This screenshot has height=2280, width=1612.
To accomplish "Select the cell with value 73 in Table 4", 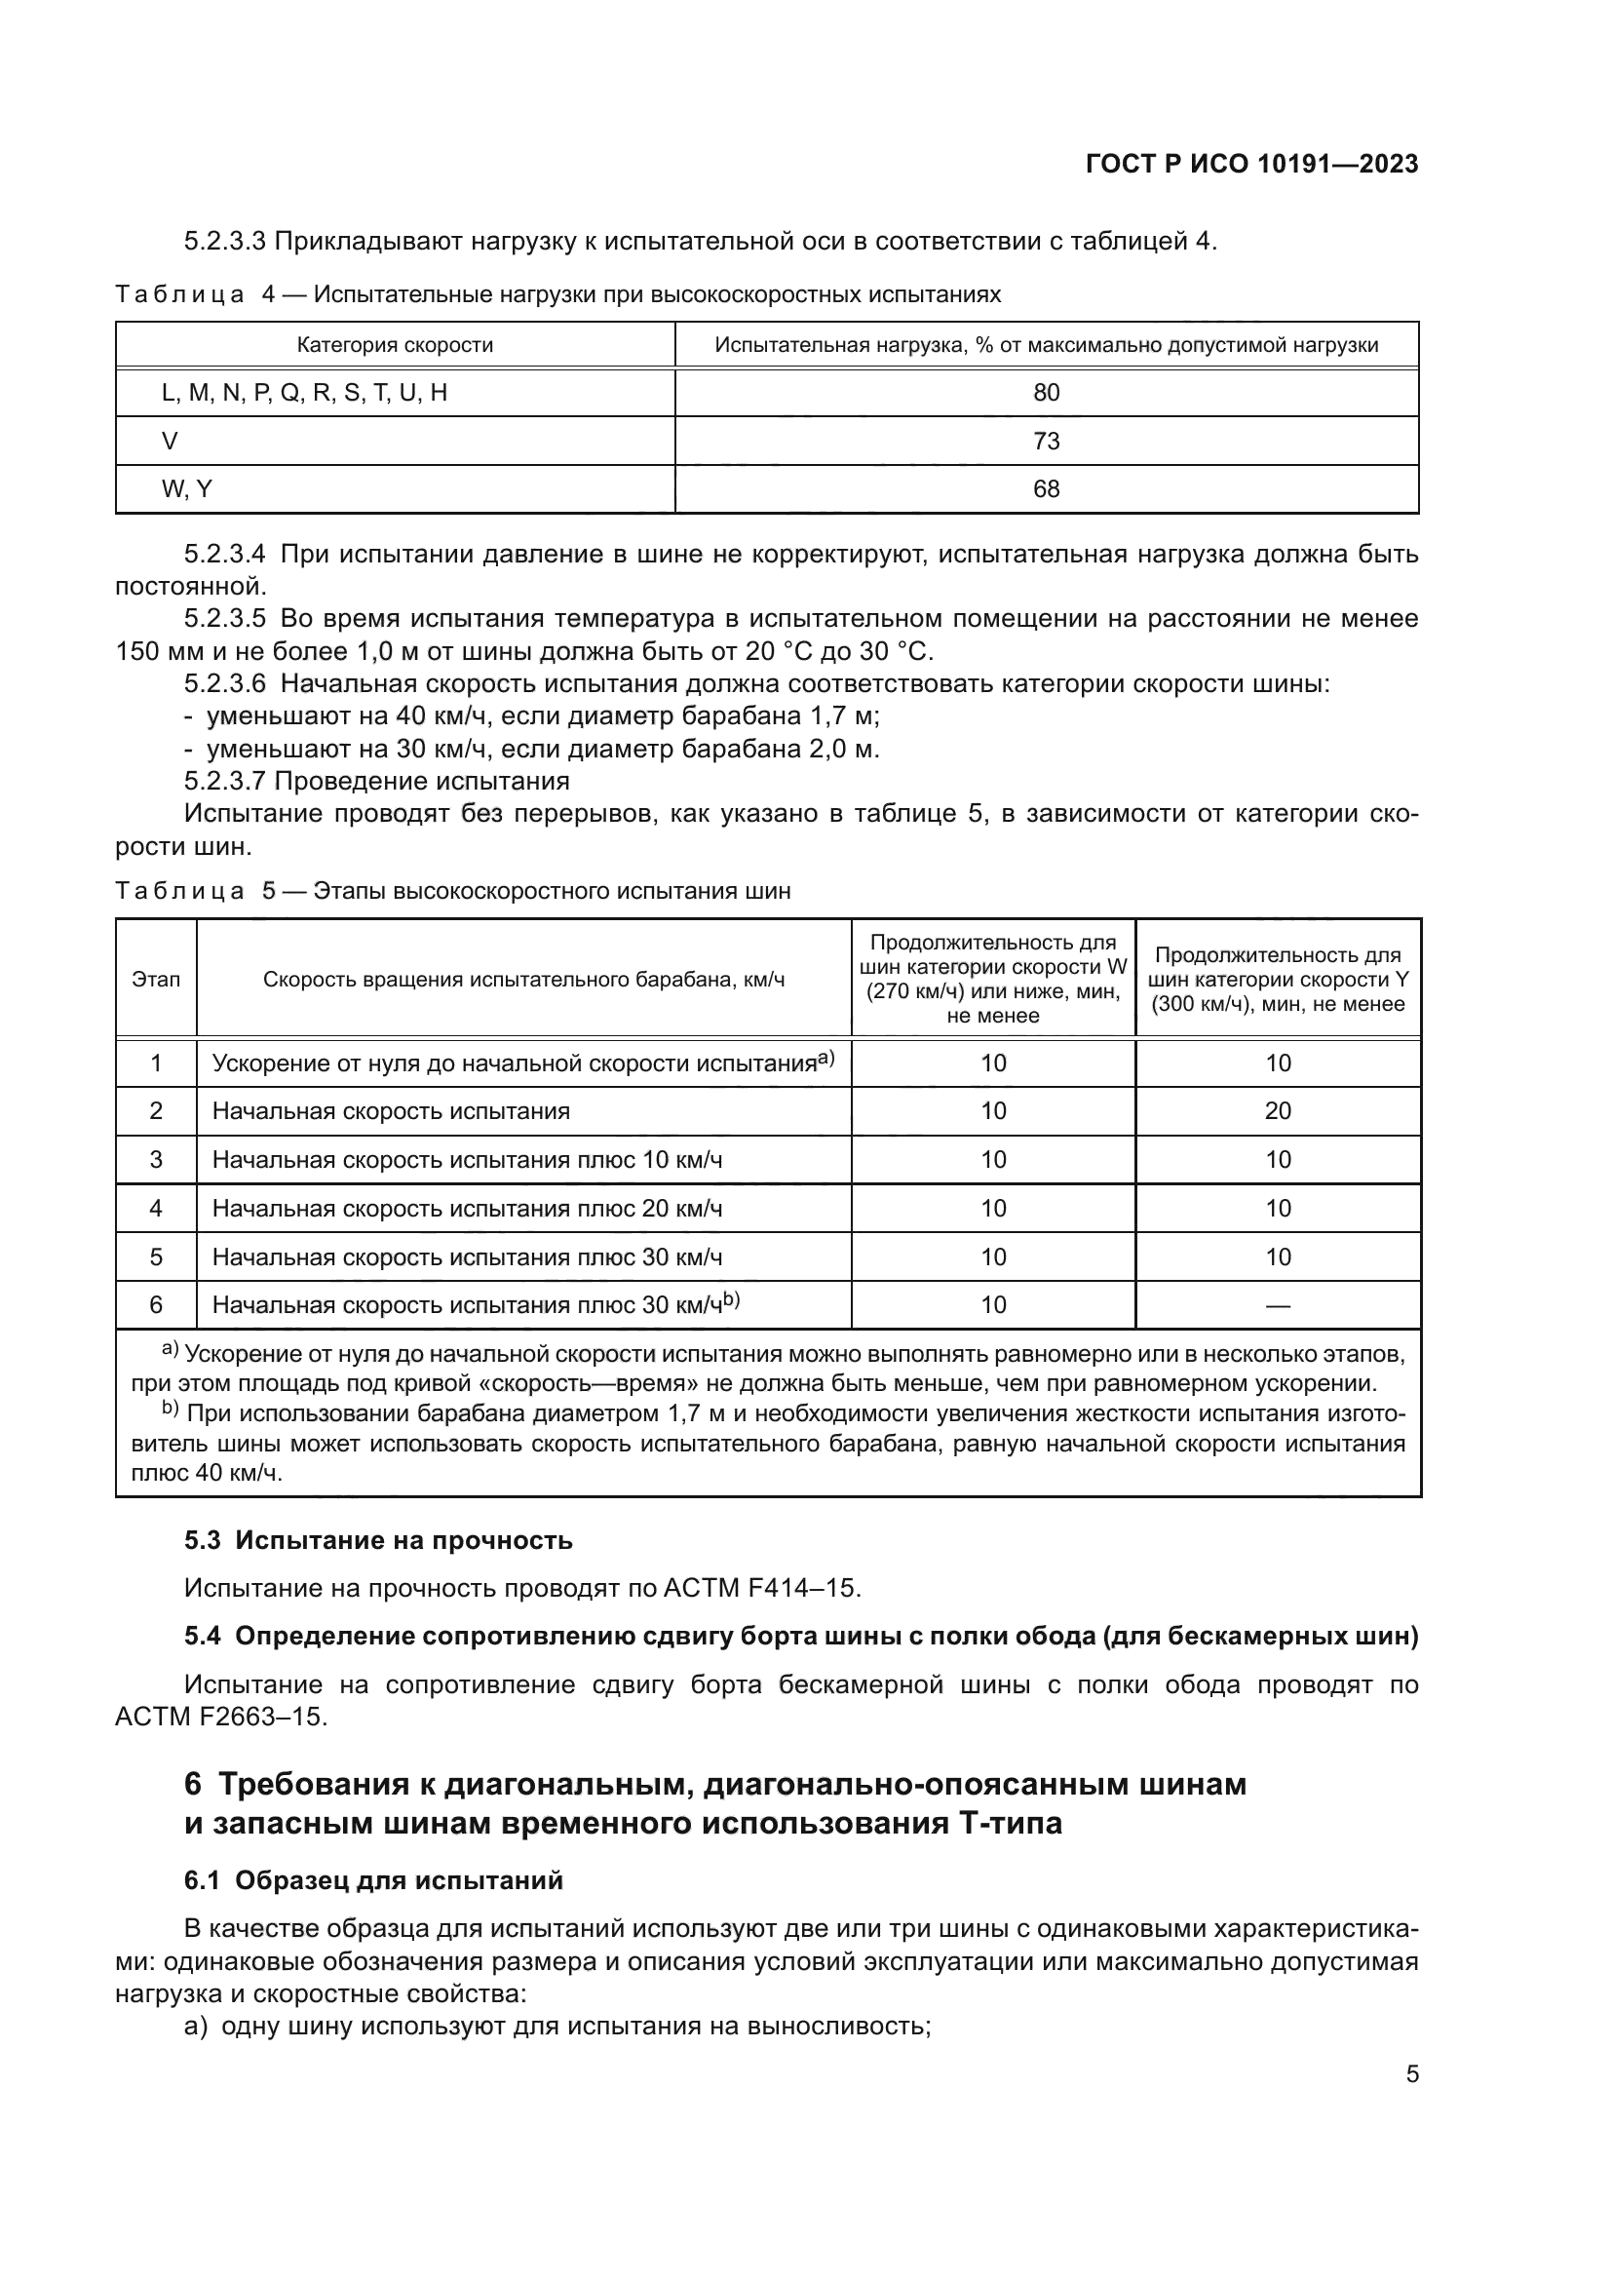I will pyautogui.click(x=1046, y=441).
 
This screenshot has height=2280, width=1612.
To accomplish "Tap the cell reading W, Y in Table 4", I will pyautogui.click(x=186, y=489).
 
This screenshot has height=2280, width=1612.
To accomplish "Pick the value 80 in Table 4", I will pyautogui.click(x=1046, y=393).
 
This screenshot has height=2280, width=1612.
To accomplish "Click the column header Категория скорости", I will pyautogui.click(x=395, y=346).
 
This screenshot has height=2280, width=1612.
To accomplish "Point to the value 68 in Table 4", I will pyautogui.click(x=1046, y=489).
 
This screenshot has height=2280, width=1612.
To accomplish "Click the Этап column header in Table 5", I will pyautogui.click(x=156, y=980).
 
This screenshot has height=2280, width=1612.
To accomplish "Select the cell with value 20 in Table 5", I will pyautogui.click(x=1278, y=1111).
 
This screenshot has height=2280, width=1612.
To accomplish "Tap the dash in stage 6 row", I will pyautogui.click(x=1278, y=1306).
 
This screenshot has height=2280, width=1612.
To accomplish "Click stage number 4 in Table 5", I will pyautogui.click(x=156, y=1209).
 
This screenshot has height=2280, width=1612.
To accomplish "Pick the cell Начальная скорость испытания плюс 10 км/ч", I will pyautogui.click(x=467, y=1160).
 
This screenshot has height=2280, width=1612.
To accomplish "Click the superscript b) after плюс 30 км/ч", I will pyautogui.click(x=732, y=1298).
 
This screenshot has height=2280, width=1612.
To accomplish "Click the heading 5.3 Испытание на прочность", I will pyautogui.click(x=378, y=1540).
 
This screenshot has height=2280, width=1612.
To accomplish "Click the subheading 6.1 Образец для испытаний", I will pyautogui.click(x=373, y=1879).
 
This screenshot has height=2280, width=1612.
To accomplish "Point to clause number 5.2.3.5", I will pyautogui.click(x=224, y=619).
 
